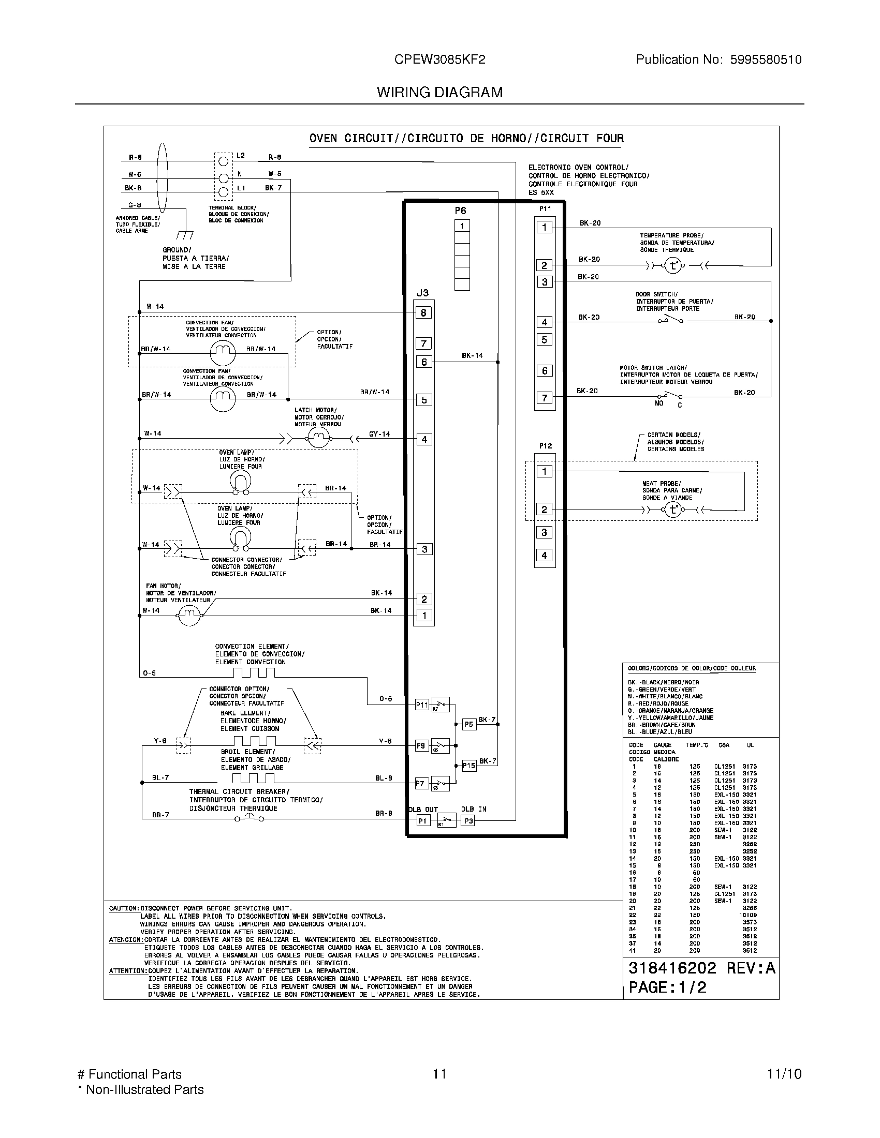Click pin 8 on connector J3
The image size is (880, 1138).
[x=424, y=312]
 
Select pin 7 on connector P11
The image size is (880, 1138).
[x=544, y=398]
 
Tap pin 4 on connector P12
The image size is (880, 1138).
[x=544, y=556]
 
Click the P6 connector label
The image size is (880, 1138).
[x=460, y=211]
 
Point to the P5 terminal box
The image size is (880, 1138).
[x=469, y=724]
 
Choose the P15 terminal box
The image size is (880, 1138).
[x=469, y=766]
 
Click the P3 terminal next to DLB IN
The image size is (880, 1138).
[x=468, y=821]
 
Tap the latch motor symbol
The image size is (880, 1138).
[x=317, y=439]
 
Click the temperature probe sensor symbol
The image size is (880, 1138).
[x=673, y=266]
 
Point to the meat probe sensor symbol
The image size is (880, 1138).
[x=673, y=510]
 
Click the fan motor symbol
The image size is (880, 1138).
[x=190, y=616]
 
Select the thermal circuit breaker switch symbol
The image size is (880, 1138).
[x=249, y=818]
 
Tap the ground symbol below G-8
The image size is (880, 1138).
[x=185, y=234]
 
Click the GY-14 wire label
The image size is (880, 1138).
[x=379, y=434]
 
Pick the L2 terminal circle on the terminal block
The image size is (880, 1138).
[x=223, y=161]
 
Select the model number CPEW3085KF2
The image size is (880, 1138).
[x=439, y=60]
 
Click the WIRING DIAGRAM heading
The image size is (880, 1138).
[x=439, y=93]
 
